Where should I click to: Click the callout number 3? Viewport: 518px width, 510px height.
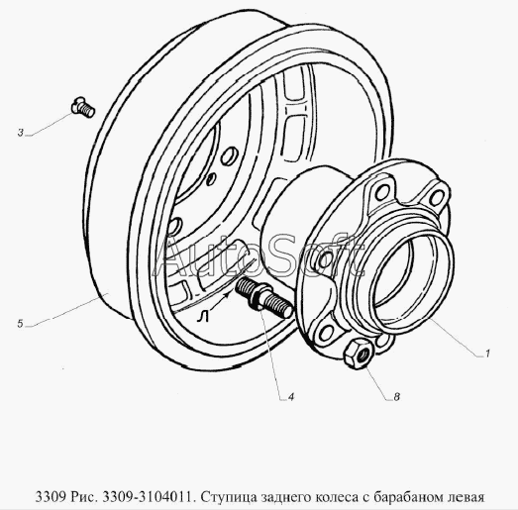[x=21, y=133]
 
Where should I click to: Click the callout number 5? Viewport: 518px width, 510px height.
[x=20, y=324]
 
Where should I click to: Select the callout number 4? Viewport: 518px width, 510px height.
[x=291, y=397]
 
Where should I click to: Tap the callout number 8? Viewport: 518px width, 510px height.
[x=396, y=397]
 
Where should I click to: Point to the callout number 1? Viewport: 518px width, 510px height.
[x=487, y=354]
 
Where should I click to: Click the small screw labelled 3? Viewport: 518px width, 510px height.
[x=83, y=107]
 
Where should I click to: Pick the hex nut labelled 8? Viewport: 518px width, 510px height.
[x=359, y=355]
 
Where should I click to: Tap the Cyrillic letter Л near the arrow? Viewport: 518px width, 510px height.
[x=202, y=317]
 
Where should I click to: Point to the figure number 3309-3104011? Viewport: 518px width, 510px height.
[x=148, y=497]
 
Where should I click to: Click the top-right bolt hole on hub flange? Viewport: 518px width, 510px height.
[x=436, y=197]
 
